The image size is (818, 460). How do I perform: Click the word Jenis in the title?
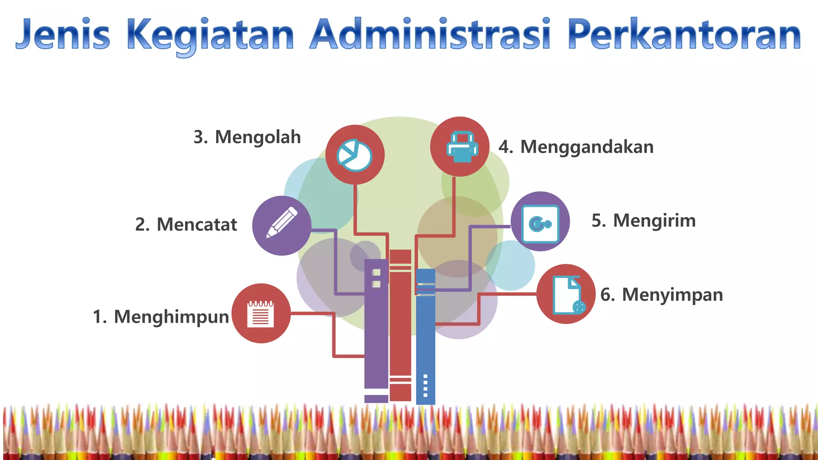click(x=63, y=35)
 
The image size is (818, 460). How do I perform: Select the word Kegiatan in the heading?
click(x=210, y=36)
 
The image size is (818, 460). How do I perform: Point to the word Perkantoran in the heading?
click(x=684, y=35)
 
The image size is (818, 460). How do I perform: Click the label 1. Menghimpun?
click(x=161, y=317)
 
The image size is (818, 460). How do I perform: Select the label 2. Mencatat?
click(x=186, y=224)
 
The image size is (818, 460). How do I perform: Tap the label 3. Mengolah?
click(x=247, y=137)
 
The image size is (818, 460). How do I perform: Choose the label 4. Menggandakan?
click(x=576, y=147)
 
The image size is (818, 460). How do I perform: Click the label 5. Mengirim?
click(x=643, y=221)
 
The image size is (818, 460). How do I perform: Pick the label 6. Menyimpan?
click(x=661, y=295)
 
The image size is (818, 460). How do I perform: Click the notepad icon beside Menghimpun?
click(x=261, y=313)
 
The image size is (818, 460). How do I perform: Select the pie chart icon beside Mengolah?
click(x=355, y=155)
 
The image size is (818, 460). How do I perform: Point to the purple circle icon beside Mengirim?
click(x=540, y=222)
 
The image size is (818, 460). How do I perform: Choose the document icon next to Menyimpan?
click(x=566, y=294)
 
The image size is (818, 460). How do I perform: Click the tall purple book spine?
click(x=376, y=331)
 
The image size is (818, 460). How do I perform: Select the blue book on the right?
click(x=426, y=335)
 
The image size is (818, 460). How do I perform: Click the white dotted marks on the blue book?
click(x=425, y=385)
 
